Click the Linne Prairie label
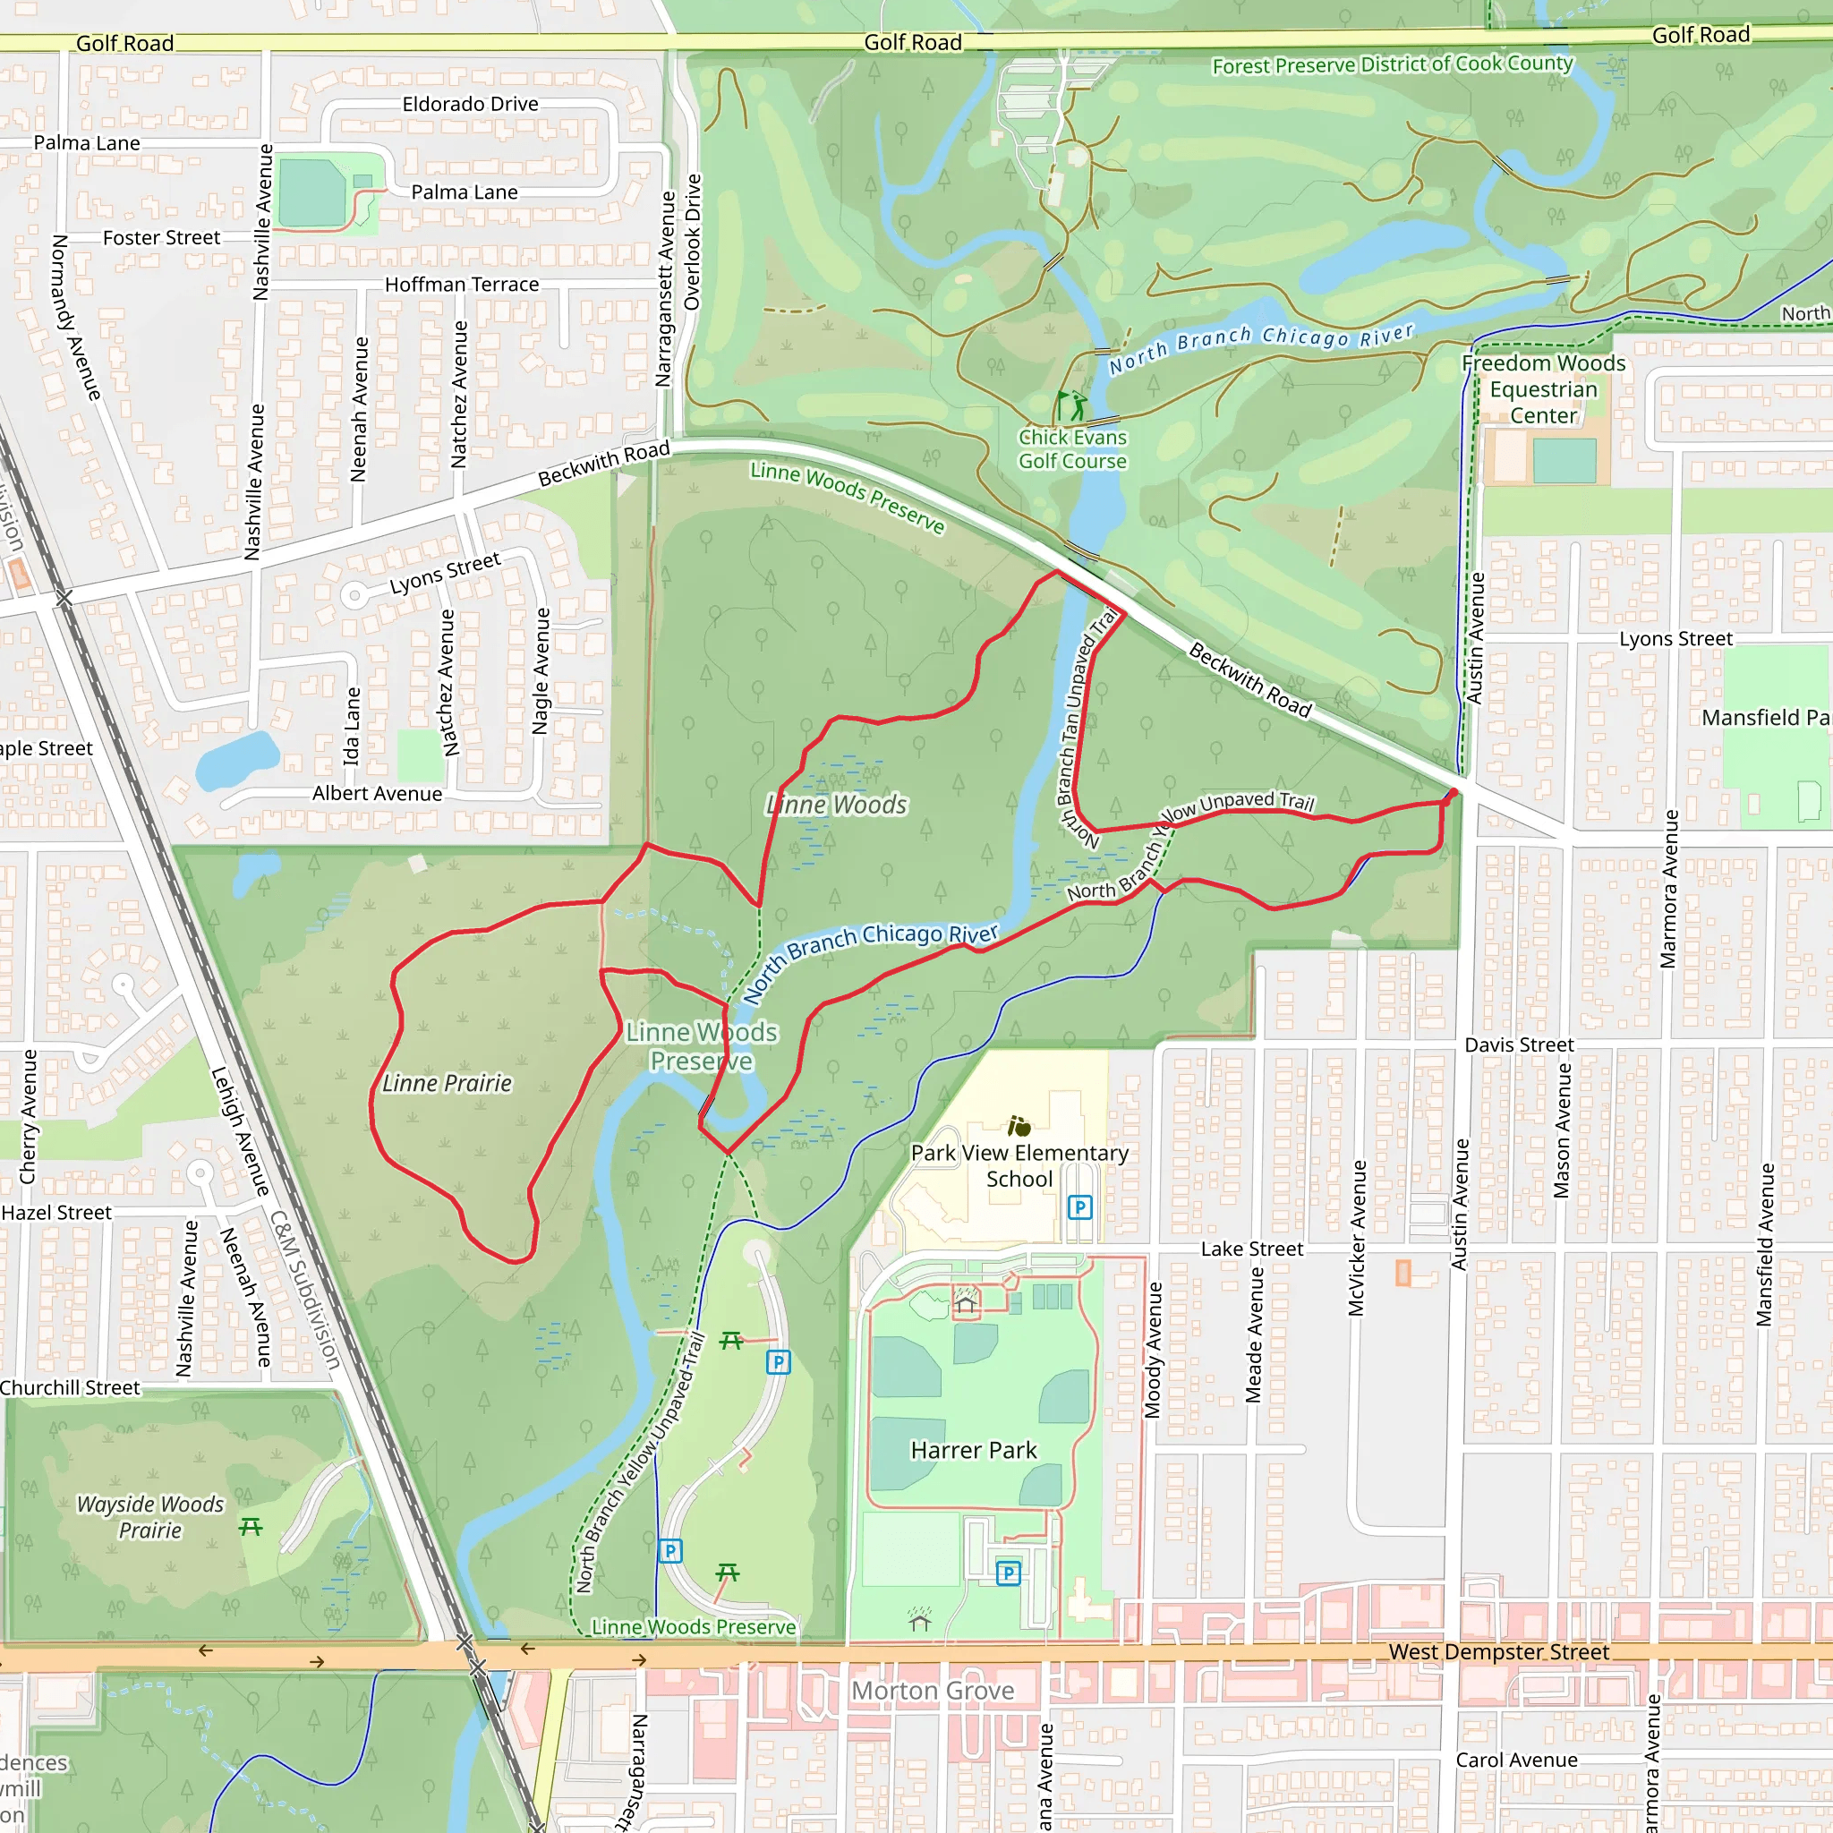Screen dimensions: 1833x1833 point(447,1084)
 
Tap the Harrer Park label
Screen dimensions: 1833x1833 point(974,1450)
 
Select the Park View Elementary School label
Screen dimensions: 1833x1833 point(1020,1166)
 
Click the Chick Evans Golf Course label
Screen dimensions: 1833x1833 point(1072,448)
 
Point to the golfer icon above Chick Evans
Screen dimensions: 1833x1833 point(1073,406)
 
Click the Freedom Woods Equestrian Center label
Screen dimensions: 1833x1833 point(1544,389)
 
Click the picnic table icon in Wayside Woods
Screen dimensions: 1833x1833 point(251,1527)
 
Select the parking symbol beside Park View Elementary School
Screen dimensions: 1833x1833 point(1079,1206)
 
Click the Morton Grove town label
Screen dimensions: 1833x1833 point(933,1691)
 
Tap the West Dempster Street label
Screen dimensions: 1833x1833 point(1498,1652)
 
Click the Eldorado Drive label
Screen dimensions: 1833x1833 point(470,104)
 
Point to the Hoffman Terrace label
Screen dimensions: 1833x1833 point(461,284)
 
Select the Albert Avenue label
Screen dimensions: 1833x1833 point(377,793)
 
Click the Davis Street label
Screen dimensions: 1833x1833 point(1519,1044)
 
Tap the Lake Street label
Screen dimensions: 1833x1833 point(1251,1249)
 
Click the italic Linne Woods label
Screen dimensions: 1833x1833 point(837,805)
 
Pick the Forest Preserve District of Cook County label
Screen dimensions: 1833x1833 point(1392,64)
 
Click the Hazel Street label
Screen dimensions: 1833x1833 point(56,1213)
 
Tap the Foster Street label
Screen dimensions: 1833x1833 point(161,237)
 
